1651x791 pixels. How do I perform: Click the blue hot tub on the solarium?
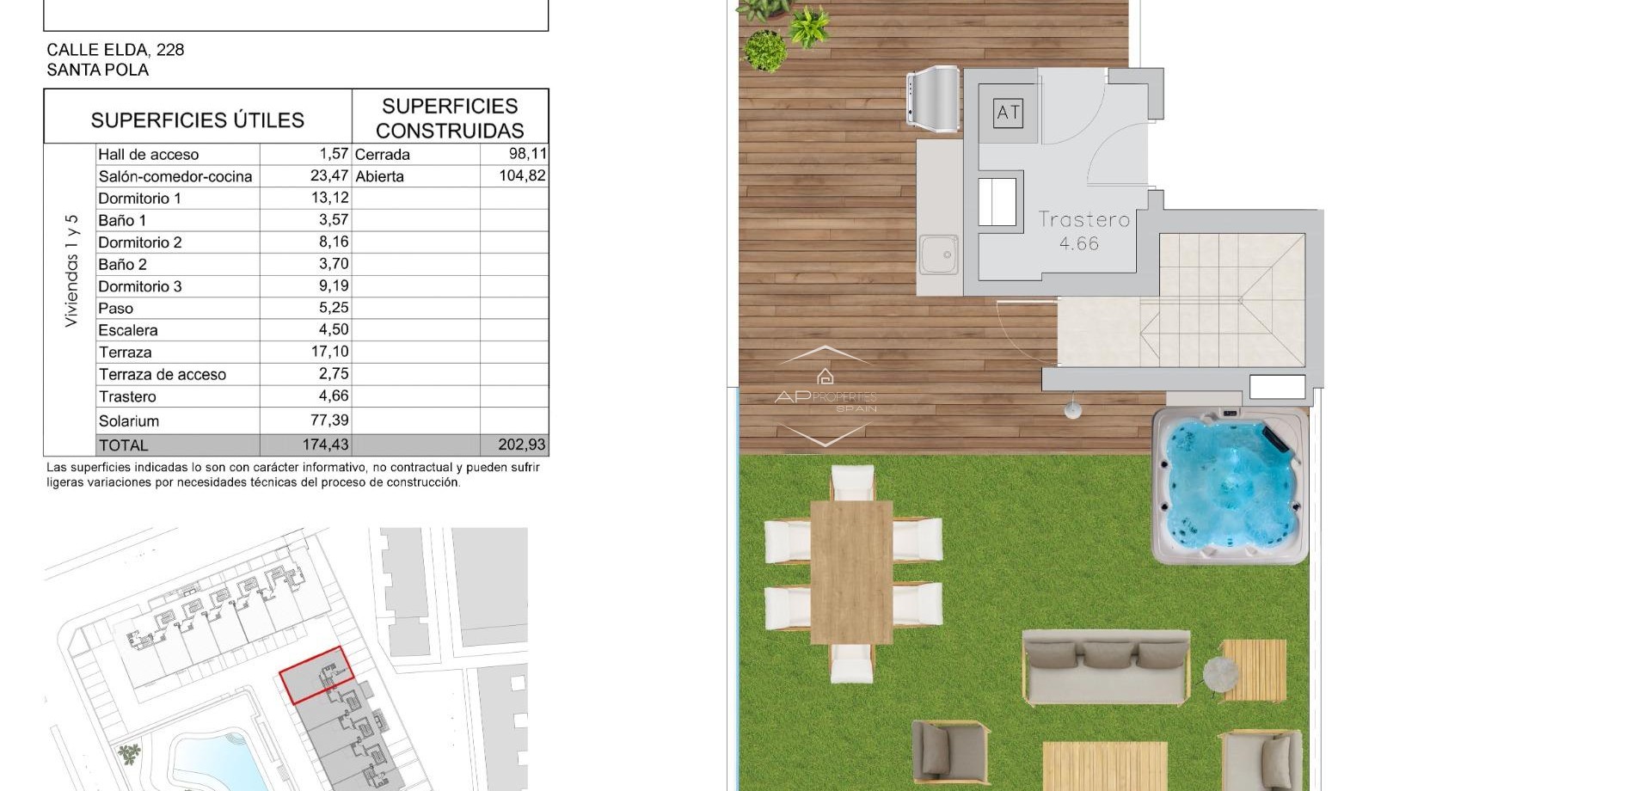pos(1229,486)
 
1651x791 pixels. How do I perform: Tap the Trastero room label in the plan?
pos(1083,220)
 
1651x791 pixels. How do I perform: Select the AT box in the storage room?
pos(1008,113)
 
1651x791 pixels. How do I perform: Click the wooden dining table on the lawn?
pos(851,571)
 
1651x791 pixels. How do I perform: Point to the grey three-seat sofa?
pos(1106,666)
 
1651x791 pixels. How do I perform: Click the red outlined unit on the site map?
pos(316,674)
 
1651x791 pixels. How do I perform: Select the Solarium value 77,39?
pos(329,420)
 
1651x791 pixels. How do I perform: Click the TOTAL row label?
pos(124,445)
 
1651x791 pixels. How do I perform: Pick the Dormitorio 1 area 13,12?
pos(329,198)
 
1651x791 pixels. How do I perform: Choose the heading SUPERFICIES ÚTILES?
pos(198,120)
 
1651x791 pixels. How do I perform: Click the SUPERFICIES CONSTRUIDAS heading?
pos(450,119)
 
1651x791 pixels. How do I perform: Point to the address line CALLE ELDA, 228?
pos(115,50)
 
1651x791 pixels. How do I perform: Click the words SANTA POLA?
pos(97,71)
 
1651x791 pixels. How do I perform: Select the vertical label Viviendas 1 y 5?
pos(71,270)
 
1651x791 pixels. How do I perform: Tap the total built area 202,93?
pos(521,445)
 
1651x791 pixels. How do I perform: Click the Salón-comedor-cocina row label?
pos(175,176)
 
